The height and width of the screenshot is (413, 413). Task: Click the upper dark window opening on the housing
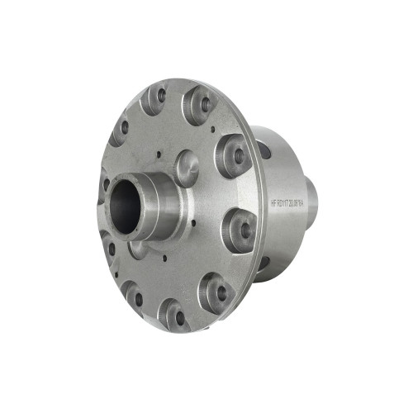click(x=264, y=150)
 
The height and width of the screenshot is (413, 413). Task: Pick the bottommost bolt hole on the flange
click(x=176, y=316)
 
